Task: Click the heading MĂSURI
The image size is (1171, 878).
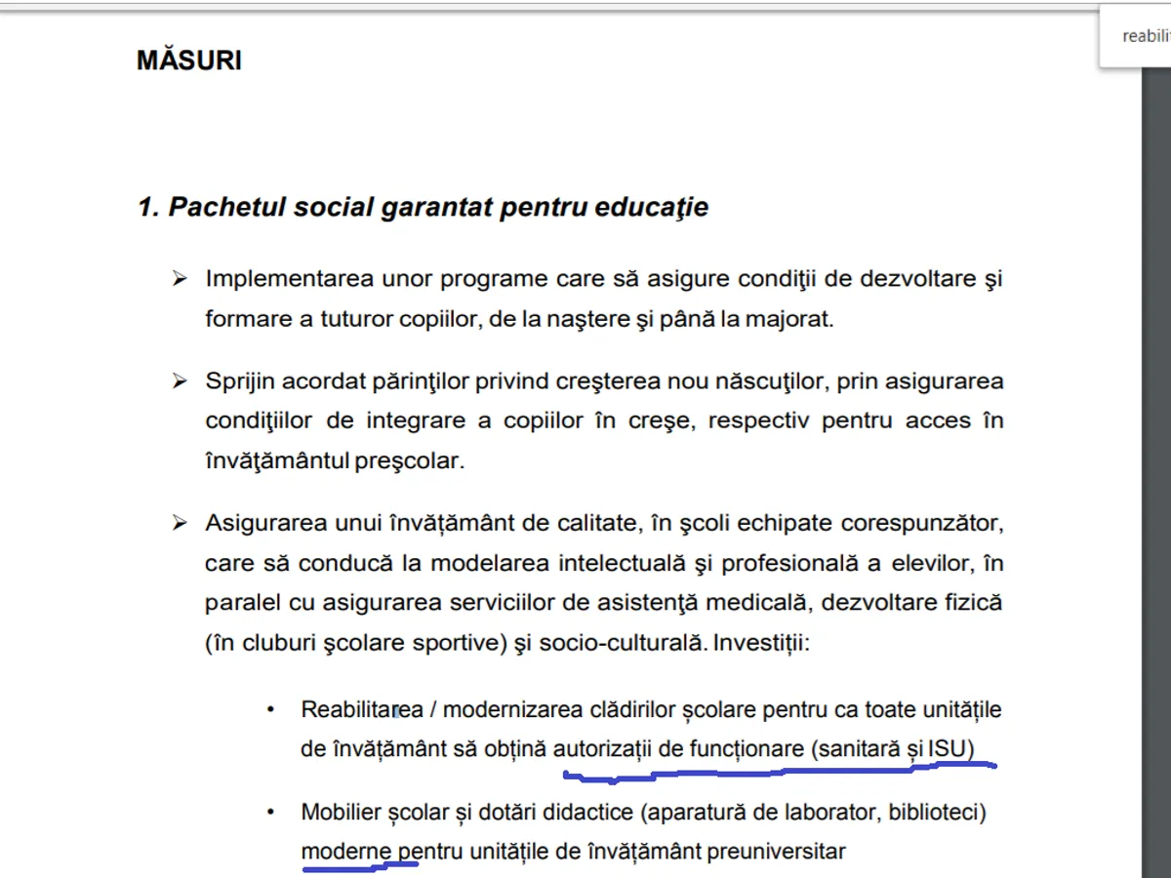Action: pyautogui.click(x=189, y=60)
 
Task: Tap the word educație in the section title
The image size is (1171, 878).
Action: pyautogui.click(x=655, y=208)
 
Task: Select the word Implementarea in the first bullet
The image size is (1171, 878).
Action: pyautogui.click(x=275, y=279)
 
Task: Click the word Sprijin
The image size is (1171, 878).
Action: pyautogui.click(x=237, y=381)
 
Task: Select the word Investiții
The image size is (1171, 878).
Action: pyautogui.click(x=763, y=644)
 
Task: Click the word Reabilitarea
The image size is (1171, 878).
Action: pyautogui.click(x=360, y=709)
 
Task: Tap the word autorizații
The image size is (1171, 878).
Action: pyautogui.click(x=602, y=749)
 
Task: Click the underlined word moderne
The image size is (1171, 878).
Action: pyautogui.click(x=346, y=852)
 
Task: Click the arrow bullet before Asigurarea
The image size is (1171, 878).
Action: pyautogui.click(x=180, y=524)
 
